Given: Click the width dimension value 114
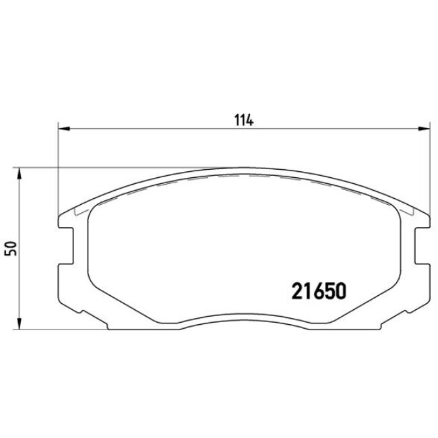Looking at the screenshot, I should [243, 121].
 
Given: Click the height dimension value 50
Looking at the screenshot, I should [9, 248].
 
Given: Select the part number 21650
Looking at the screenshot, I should [319, 290].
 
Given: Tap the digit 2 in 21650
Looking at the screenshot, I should [296, 290].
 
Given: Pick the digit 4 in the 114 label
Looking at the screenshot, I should [249, 121].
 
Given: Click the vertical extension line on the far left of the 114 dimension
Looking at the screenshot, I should [59, 168].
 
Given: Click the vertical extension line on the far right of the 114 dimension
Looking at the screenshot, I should [429, 168].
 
